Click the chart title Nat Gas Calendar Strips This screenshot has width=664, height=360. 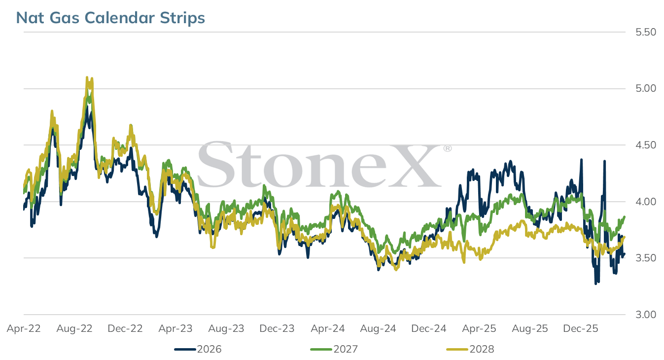[x=110, y=17]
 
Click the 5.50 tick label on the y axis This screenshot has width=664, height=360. [x=646, y=32]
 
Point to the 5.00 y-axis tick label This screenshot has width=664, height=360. [x=646, y=88]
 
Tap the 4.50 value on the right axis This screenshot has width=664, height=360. [x=646, y=145]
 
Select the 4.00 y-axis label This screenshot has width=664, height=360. [x=646, y=202]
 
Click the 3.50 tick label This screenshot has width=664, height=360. [x=646, y=258]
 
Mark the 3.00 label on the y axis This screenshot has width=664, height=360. [x=646, y=314]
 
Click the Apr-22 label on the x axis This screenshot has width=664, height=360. [x=24, y=328]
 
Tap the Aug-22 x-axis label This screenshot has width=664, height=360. [x=74, y=328]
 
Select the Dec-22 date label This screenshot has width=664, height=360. [x=125, y=328]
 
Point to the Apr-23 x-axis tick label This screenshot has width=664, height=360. [x=175, y=328]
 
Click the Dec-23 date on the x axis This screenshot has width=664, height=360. [x=277, y=328]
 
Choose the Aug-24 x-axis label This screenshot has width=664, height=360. [x=378, y=328]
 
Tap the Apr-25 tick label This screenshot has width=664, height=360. [x=479, y=328]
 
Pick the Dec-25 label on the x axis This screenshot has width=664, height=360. [x=580, y=328]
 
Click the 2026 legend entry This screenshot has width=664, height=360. [x=198, y=349]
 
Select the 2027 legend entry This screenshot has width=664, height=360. [x=334, y=349]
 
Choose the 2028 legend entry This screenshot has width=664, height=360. [x=470, y=349]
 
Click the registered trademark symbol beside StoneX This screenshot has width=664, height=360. [x=448, y=148]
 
